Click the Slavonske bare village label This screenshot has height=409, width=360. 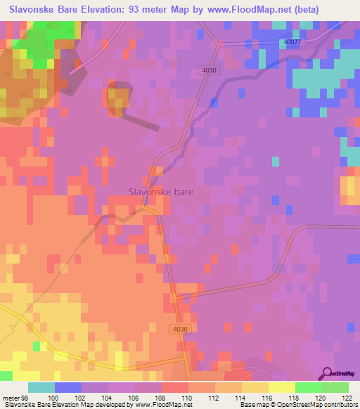tap(160, 190)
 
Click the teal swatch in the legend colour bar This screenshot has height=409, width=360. tap(41, 387)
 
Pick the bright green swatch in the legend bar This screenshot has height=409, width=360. tap(309, 387)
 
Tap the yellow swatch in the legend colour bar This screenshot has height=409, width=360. tap(282, 387)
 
